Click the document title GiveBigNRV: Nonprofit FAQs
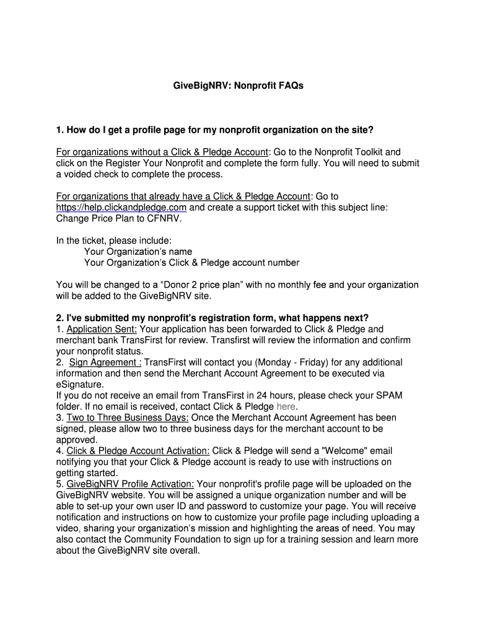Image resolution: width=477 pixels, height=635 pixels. point(238,86)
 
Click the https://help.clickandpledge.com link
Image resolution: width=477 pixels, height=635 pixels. point(121,207)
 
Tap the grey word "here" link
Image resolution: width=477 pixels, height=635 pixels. point(287,407)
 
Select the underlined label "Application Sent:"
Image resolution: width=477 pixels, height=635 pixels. point(102,329)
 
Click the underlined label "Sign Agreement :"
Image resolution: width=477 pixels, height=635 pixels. point(105,362)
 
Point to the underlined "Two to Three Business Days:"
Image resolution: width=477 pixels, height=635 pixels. point(128,418)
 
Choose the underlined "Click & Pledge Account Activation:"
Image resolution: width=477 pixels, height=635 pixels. point(138,451)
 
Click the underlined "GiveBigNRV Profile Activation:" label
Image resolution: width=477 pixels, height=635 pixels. point(130,484)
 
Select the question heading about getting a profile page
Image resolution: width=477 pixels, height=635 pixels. point(215,130)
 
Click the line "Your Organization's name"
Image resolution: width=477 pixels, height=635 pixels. point(138,252)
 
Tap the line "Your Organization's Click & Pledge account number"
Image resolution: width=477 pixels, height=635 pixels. point(191,263)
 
